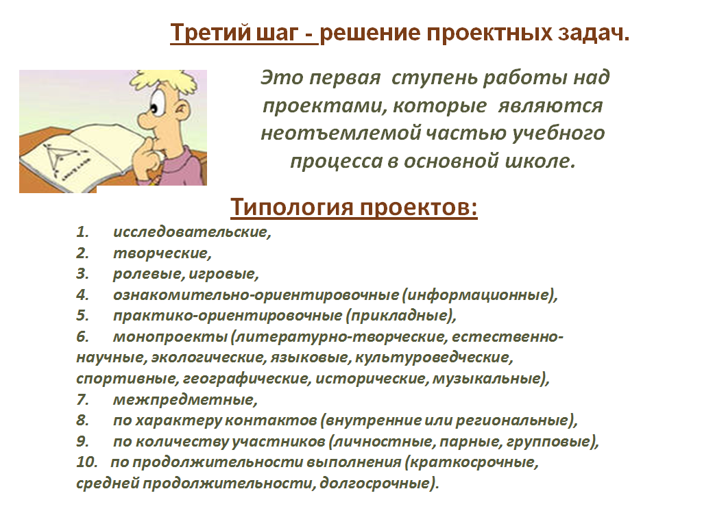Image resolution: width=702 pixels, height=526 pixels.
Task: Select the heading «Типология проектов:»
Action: pos(354,208)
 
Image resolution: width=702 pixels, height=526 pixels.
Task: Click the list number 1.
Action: pos(82,231)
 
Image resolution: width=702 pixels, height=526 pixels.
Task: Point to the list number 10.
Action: pos(86,462)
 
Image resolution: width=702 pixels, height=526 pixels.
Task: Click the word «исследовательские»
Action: pos(191,232)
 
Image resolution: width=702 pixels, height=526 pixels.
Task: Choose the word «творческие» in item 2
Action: pos(160,253)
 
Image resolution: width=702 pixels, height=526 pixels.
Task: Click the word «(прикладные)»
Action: pos(400,316)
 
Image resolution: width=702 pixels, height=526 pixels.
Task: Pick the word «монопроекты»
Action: pos(171,337)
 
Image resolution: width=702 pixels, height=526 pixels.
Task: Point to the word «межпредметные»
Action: pos(184,399)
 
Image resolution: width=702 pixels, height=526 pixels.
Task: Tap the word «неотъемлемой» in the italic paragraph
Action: pos(340,134)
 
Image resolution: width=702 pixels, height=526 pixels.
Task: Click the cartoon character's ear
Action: pos(182,110)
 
